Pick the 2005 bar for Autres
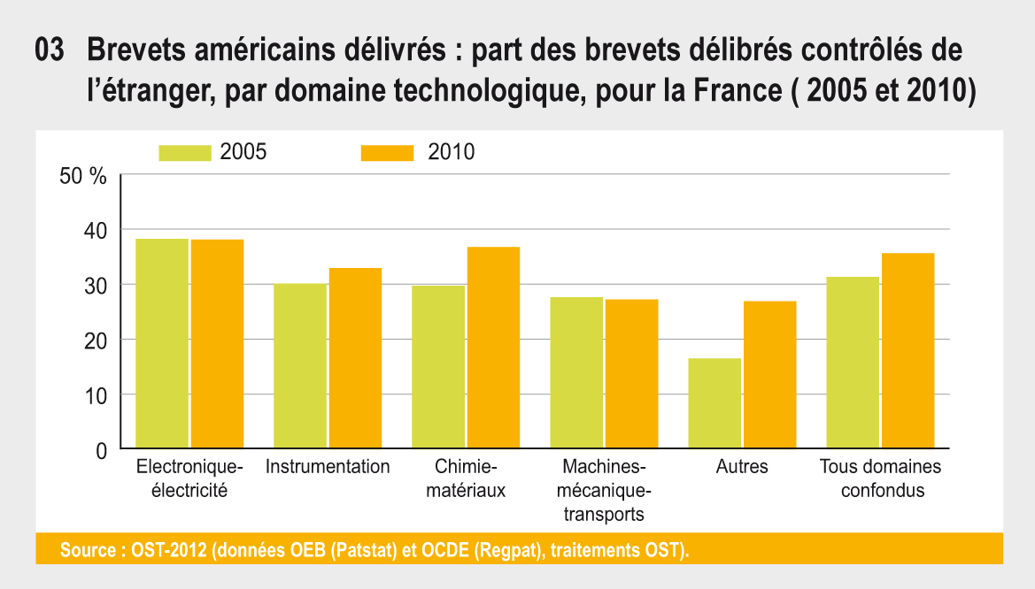click(714, 403)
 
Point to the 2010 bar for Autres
click(769, 375)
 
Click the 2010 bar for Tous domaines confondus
click(908, 351)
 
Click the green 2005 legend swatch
click(185, 152)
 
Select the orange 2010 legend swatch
click(387, 152)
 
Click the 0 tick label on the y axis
click(101, 450)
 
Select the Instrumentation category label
click(328, 467)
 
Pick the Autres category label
click(742, 467)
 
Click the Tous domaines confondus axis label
click(880, 478)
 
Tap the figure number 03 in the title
click(50, 50)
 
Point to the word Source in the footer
click(87, 550)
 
